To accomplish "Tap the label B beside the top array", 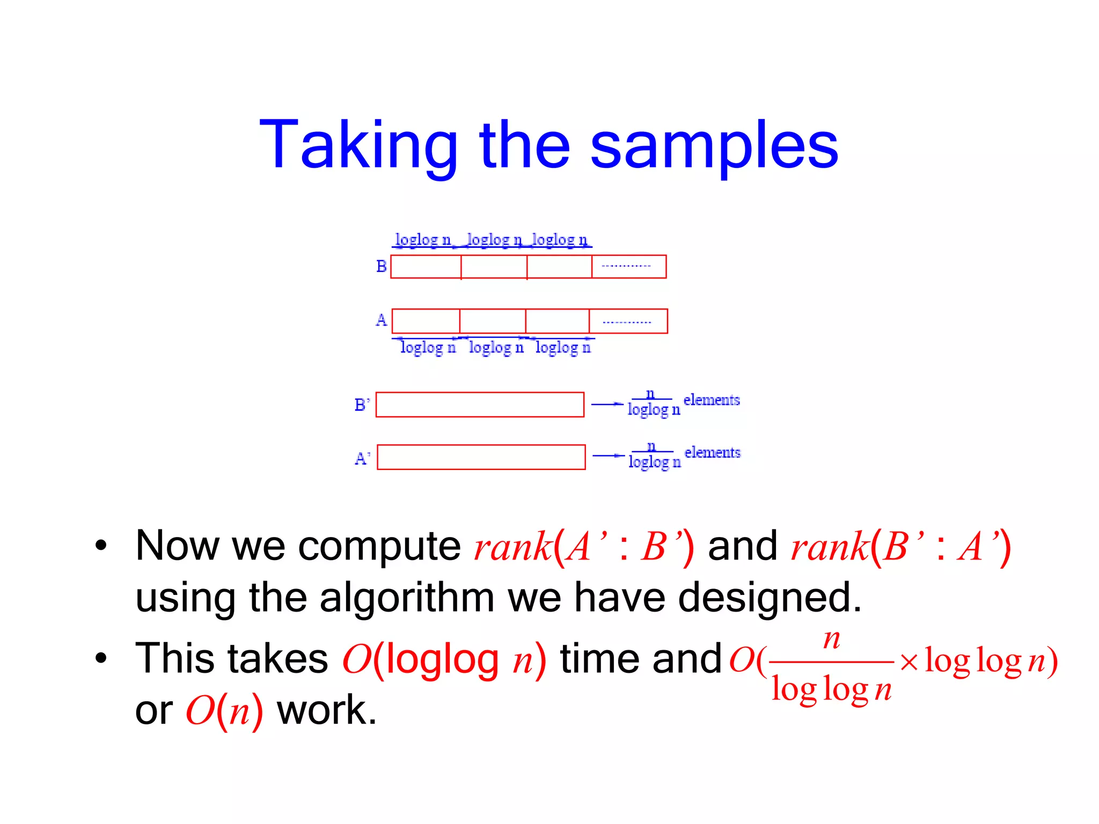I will coord(381,266).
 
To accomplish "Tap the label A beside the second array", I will coord(381,320).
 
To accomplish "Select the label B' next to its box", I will coord(362,404).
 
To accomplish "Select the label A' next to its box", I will coord(362,458).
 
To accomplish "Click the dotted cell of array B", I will coord(628,267).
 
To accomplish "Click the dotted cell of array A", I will coord(628,321).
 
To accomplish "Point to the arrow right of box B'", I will coord(607,404).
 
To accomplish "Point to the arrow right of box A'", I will coord(608,456).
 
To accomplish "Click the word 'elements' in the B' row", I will coord(712,400).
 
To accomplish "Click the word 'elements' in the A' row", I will coord(713,452).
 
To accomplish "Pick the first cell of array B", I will coord(426,267).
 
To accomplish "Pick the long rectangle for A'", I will coord(481,457).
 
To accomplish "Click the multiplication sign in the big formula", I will coord(908,661).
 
